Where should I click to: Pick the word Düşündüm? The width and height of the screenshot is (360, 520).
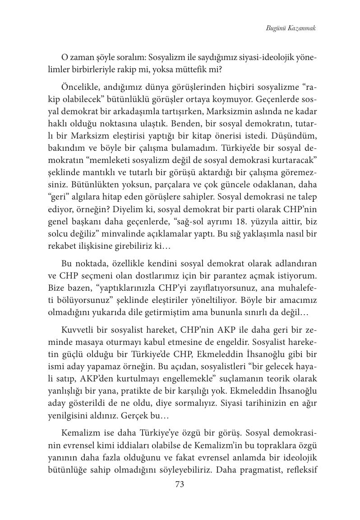(292, 134)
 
